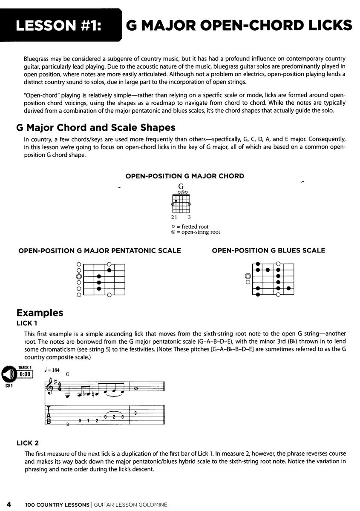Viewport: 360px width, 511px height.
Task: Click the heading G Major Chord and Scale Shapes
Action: [100, 128]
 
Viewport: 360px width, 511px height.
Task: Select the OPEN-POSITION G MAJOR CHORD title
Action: [185, 176]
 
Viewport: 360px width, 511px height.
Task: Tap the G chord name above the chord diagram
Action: [181, 186]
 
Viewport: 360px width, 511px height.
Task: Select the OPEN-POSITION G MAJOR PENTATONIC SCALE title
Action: [100, 251]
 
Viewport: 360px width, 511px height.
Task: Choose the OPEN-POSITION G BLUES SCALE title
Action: [268, 250]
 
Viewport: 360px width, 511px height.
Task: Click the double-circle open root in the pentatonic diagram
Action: [79, 276]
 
